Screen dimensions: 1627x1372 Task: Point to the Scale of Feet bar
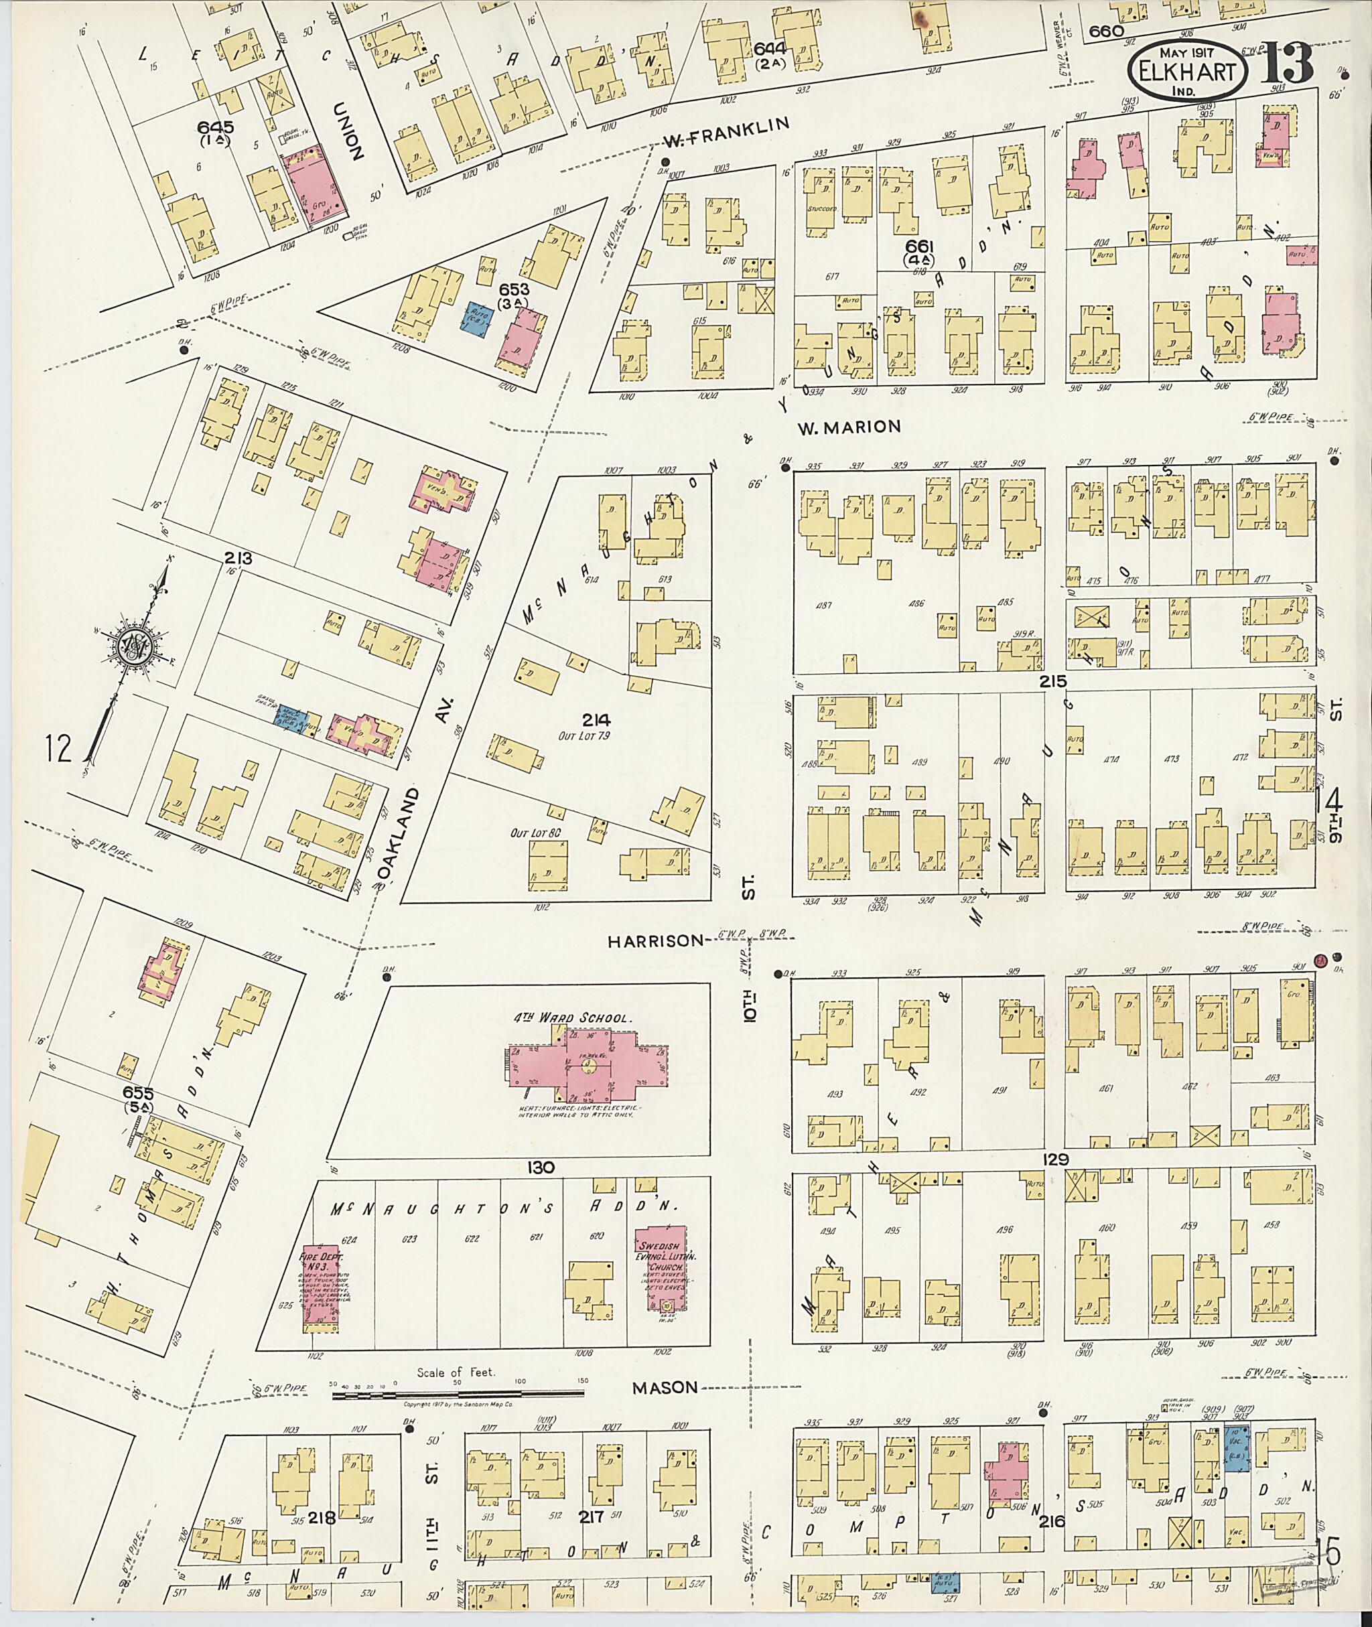pyautogui.click(x=459, y=1395)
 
